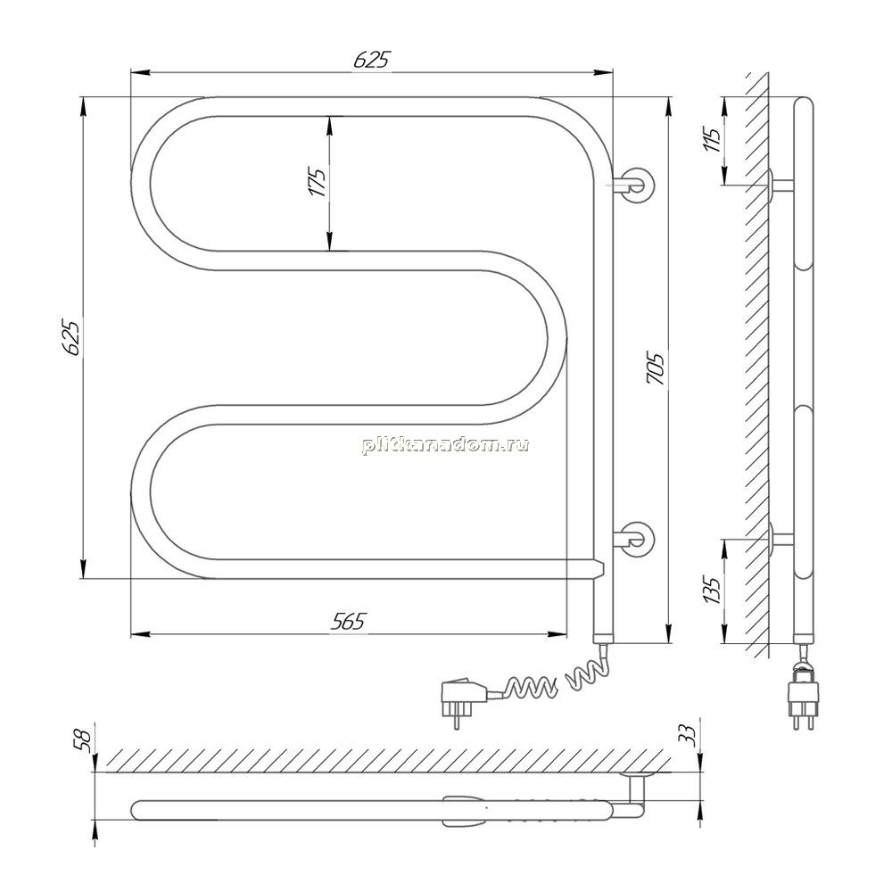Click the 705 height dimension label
[x=656, y=368]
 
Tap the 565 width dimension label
[x=348, y=622]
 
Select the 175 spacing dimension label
[x=318, y=183]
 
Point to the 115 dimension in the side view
[x=712, y=139]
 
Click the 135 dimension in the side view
[x=712, y=590]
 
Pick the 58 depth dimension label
[x=86, y=740]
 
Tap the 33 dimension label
[x=689, y=736]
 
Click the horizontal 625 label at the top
[x=373, y=59]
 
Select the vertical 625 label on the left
[x=72, y=338]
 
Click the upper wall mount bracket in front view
[x=632, y=186]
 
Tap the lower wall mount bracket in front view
[x=633, y=538]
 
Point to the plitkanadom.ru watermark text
[x=445, y=445]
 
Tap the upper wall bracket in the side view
[x=780, y=185]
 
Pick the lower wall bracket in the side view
[x=780, y=538]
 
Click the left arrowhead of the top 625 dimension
[x=140, y=72]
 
